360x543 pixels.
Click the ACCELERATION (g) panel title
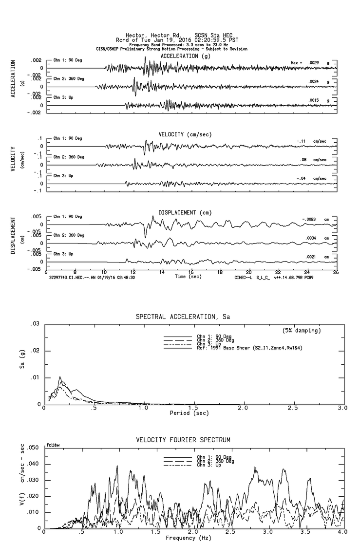click(186, 56)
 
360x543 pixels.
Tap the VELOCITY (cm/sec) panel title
click(186, 134)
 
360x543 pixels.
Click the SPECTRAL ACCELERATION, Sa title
click(183, 317)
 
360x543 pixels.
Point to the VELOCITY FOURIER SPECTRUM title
click(183, 440)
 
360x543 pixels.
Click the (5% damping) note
click(302, 331)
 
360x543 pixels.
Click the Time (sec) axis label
click(187, 277)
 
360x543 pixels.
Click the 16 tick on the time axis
click(191, 272)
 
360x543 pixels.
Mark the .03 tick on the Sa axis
click(36, 324)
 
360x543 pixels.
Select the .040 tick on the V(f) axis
click(33, 464)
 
